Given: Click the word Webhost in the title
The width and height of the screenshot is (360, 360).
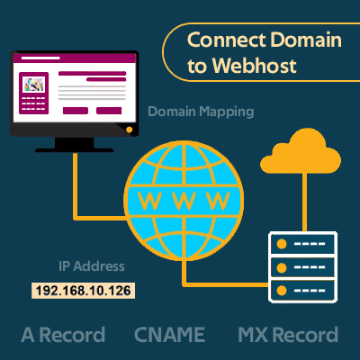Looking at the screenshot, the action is pos(255,66).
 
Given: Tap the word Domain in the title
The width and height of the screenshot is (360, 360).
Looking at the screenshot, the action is pos(306,40).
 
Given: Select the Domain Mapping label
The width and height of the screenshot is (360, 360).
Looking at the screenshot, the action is pos(201,112).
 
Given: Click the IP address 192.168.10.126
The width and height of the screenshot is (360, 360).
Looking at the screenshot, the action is pos(83,291).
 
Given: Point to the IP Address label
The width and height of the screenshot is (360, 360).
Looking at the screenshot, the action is pos(92,266).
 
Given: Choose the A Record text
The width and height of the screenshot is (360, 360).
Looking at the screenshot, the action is pos(63,335).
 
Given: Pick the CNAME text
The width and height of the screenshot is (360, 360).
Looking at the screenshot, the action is pos(169,335).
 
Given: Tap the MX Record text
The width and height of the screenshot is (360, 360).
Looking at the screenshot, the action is pos(288,335).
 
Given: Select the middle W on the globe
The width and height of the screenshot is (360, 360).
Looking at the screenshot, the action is pos(184,201).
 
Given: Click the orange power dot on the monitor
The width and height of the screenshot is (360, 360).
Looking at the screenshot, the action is pos(130,130).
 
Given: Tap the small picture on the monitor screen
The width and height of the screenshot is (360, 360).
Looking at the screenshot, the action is pos(34,85).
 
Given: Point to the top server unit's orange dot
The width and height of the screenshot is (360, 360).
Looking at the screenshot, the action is pos(282,244).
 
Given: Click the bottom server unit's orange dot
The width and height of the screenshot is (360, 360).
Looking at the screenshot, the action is pos(282,291).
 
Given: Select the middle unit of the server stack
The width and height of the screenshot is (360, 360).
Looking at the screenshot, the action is pos(302,267).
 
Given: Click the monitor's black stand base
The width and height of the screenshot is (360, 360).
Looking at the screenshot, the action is pos(75,149).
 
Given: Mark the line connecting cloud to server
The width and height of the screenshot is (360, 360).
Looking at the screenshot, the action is pos(304,202).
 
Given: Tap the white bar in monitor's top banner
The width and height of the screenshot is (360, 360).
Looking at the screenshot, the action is pos(40,58).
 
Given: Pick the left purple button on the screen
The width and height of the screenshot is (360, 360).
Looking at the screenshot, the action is pos(76,111).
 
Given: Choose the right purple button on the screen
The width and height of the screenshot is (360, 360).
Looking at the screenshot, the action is pos(109,111).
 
